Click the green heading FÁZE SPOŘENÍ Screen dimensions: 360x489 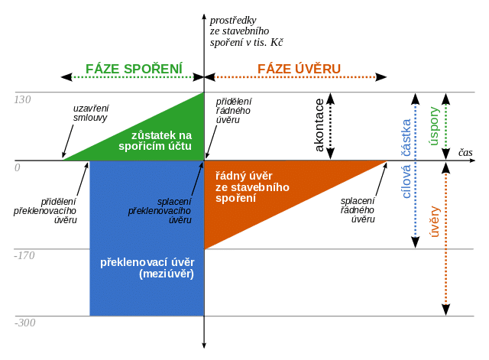(134, 70)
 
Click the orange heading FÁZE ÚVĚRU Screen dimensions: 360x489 (298, 70)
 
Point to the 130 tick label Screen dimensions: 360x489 (23, 99)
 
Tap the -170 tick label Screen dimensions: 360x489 (24, 255)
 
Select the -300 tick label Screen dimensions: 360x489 (24, 323)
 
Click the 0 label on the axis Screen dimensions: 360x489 (17, 167)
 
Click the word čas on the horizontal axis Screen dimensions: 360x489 (465, 153)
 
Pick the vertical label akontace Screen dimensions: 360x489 (319, 126)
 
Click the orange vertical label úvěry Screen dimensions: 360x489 (436, 221)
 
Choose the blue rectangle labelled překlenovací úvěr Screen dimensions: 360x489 (147, 268)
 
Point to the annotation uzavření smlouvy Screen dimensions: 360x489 (90, 113)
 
